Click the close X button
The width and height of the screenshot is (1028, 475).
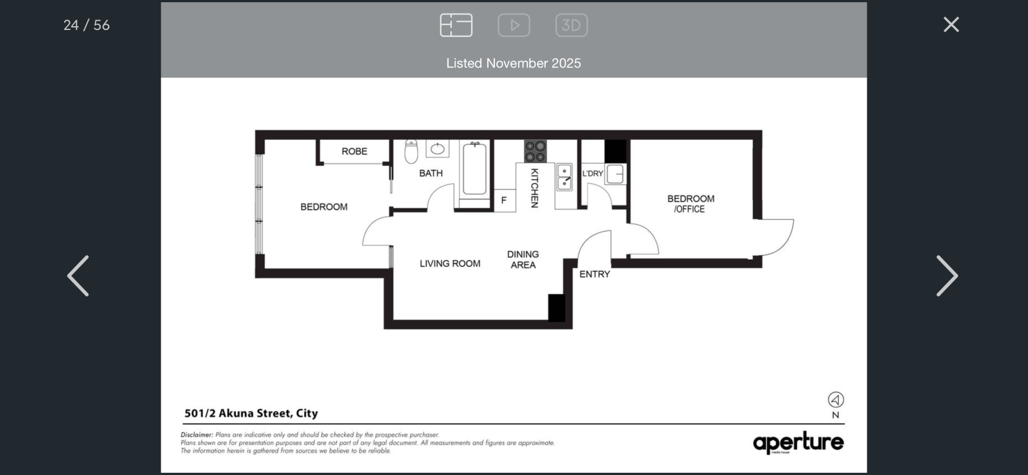pos(951,25)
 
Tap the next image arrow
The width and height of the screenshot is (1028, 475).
pos(947,276)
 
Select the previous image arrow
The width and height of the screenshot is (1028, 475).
pos(78,276)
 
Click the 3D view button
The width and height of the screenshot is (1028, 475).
pos(571,25)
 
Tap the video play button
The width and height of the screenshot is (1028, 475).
pos(514,25)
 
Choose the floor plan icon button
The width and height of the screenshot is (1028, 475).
pos(456,25)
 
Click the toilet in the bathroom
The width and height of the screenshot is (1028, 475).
pos(411,151)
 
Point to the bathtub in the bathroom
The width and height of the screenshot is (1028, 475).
pos(474,169)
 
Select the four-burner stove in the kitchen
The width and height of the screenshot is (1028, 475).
pos(535,151)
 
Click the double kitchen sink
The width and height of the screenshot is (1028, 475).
pos(564,177)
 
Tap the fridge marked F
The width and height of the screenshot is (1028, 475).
pos(504,200)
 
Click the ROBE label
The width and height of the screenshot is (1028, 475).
pos(354,152)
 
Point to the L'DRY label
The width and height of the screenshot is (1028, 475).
pos(593,174)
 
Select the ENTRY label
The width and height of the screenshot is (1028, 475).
pos(594,274)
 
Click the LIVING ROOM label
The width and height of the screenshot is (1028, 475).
pos(450,263)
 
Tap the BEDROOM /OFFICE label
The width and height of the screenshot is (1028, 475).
pos(691,204)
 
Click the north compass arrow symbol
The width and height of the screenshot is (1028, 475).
pos(836,399)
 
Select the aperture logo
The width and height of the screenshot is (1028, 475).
pos(798,443)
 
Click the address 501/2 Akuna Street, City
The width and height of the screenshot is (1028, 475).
pos(251,413)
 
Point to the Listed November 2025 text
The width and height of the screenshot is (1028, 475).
pos(513,63)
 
